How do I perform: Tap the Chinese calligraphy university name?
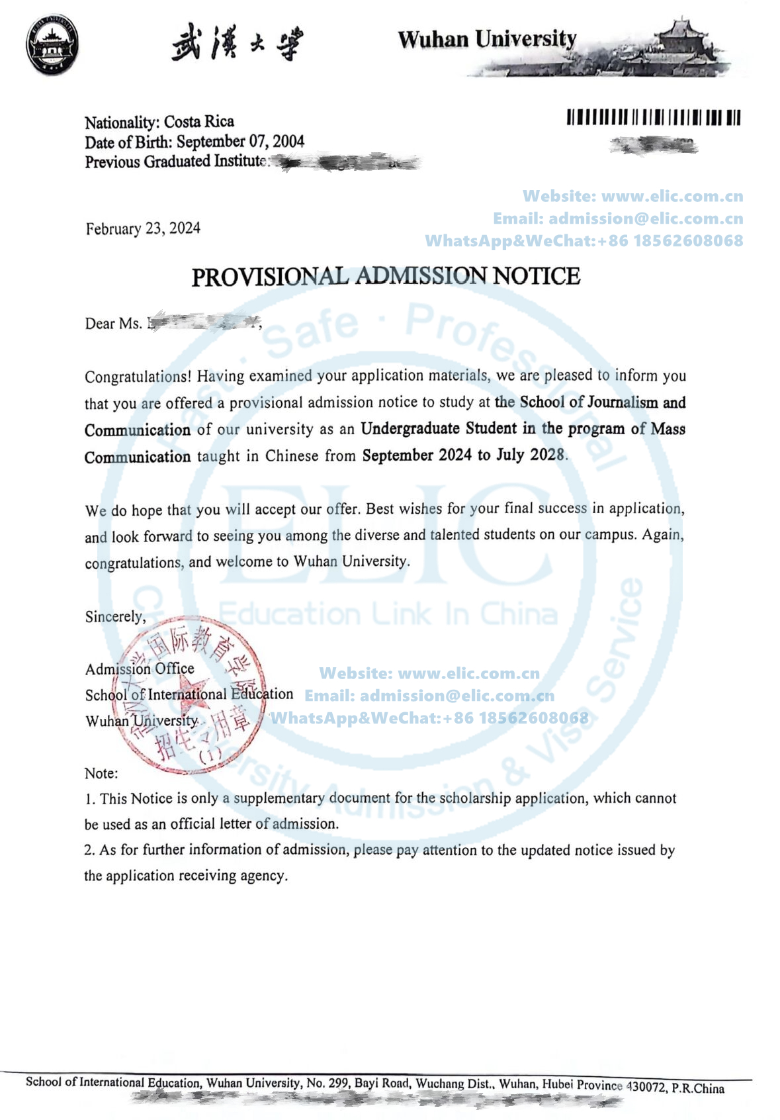(237, 44)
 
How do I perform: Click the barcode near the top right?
(653, 118)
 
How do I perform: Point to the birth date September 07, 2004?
(240, 142)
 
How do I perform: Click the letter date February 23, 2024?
(143, 229)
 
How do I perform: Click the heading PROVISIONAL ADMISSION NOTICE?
(386, 276)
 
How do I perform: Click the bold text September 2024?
(417, 455)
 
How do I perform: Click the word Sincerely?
(115, 617)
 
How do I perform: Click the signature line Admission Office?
(140, 669)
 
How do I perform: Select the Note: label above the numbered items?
(101, 773)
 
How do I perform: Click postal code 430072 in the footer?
(646, 1086)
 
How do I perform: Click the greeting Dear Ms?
(113, 324)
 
